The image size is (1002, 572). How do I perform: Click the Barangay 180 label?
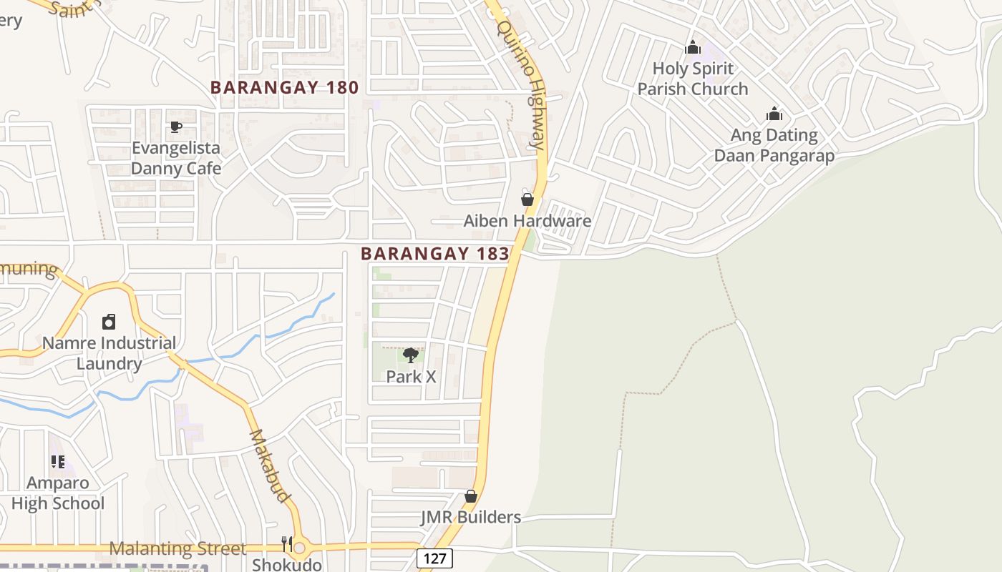pyautogui.click(x=284, y=87)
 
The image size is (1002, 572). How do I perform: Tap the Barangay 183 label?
pyautogui.click(x=435, y=253)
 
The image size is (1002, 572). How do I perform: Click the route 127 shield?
pyautogui.click(x=435, y=558)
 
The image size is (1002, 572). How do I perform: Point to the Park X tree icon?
pyautogui.click(x=411, y=355)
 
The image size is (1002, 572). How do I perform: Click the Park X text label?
pyautogui.click(x=411, y=376)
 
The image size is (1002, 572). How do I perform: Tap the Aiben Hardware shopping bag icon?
pyautogui.click(x=527, y=199)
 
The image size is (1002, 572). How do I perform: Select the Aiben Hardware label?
pyautogui.click(x=527, y=220)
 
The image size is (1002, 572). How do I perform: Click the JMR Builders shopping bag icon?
pyautogui.click(x=471, y=496)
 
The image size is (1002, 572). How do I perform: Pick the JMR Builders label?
pyautogui.click(x=471, y=517)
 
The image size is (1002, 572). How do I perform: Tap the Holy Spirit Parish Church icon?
pyautogui.click(x=693, y=48)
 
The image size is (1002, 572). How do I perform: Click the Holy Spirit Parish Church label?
pyautogui.click(x=693, y=79)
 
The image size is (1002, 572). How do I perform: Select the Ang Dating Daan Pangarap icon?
pyautogui.click(x=774, y=114)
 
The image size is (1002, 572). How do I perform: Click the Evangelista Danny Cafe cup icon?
pyautogui.click(x=176, y=127)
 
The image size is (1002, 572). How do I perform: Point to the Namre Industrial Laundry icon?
pyautogui.click(x=109, y=322)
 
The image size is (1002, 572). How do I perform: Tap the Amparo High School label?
pyautogui.click(x=58, y=493)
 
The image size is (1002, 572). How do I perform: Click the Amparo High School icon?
pyautogui.click(x=58, y=462)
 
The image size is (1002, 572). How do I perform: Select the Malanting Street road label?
pyautogui.click(x=177, y=548)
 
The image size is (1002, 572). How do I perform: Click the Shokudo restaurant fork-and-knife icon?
pyautogui.click(x=287, y=544)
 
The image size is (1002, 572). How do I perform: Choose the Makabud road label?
pyautogui.click(x=271, y=465)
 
